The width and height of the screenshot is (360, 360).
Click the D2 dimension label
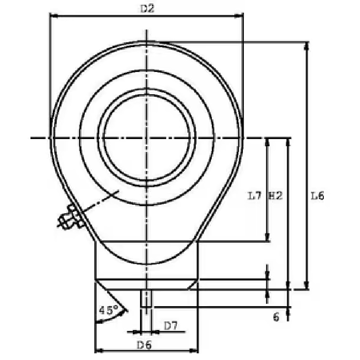[x=147, y=9]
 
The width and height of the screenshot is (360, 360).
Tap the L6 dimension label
[x=317, y=196]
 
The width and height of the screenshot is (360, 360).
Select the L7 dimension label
[x=255, y=196]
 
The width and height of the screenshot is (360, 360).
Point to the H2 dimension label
[x=276, y=196]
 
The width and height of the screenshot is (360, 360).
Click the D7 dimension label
[x=170, y=325]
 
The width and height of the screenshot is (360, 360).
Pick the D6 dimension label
[x=144, y=345]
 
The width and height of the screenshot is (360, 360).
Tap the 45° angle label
[x=109, y=310]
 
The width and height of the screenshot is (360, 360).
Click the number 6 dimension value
[x=276, y=317]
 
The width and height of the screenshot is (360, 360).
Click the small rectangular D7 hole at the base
[x=146, y=298]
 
